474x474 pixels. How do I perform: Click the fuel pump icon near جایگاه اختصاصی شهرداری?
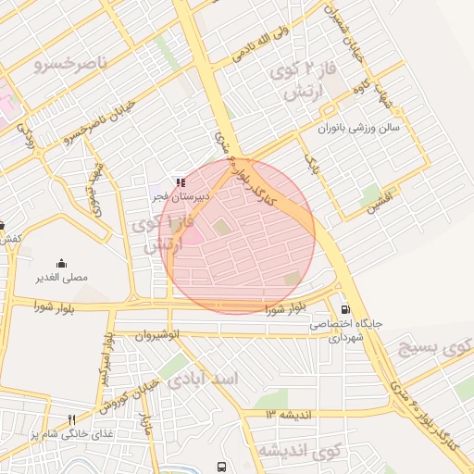345,310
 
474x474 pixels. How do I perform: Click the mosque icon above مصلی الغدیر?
61,263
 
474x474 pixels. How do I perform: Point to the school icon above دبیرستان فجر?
180,183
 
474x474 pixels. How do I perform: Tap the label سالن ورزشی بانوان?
360,128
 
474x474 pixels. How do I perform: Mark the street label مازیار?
145,425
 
